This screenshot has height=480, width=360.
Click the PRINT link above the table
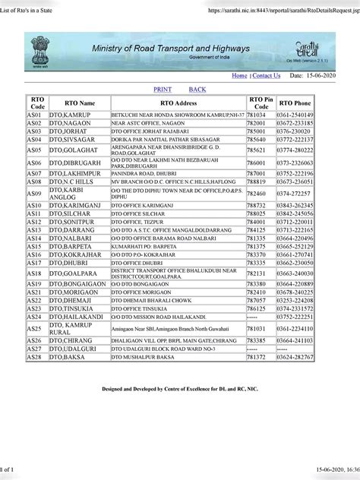coord(163,90)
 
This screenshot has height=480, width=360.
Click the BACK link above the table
coord(197,90)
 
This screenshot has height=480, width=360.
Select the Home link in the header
coord(239,76)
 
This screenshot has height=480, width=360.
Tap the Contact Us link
coord(266,76)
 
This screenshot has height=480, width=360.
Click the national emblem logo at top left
coord(38,50)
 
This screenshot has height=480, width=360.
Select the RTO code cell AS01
coord(34,114)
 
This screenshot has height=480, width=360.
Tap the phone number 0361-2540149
coord(295,114)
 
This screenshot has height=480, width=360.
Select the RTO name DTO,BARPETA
coord(70,247)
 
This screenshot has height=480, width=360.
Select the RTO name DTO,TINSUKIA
coord(71,308)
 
